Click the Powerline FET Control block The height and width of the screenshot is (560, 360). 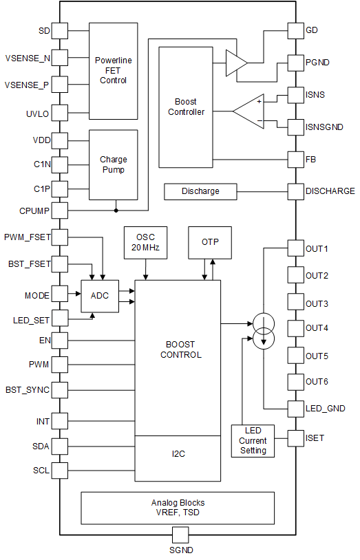(113, 71)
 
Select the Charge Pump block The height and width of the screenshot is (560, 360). (113, 164)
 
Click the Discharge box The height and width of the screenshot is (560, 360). (200, 191)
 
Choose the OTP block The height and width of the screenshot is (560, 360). (210, 242)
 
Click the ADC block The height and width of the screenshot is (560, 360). (100, 296)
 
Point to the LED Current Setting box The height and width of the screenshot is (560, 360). (253, 440)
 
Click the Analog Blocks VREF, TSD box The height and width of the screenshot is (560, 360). (178, 508)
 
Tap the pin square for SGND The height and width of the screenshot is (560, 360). (180, 535)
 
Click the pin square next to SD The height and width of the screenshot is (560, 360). (60, 31)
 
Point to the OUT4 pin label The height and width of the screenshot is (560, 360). (317, 328)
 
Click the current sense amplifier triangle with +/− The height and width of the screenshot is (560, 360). (247, 111)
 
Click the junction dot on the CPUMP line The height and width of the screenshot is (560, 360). (116, 211)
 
